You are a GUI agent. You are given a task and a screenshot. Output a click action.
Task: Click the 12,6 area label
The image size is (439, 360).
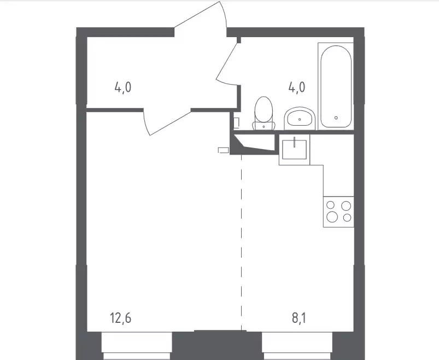[121, 318]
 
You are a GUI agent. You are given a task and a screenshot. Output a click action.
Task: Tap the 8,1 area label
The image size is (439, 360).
[298, 318]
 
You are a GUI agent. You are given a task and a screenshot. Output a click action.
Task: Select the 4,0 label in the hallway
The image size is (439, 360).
[122, 87]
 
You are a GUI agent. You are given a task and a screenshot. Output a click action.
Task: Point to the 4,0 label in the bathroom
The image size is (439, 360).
[296, 87]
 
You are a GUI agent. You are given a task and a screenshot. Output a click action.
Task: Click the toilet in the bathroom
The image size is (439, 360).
[264, 113]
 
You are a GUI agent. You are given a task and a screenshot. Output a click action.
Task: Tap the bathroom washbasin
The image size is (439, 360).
[300, 119]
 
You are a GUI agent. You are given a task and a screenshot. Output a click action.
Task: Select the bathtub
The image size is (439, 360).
[336, 86]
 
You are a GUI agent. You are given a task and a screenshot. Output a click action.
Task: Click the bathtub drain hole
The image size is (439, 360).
[336, 118]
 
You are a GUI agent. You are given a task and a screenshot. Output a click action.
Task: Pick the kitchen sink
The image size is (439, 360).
[294, 150]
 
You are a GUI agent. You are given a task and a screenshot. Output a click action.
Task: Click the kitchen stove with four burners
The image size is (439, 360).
[338, 212]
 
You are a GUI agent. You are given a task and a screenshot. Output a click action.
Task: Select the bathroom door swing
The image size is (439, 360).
[227, 64]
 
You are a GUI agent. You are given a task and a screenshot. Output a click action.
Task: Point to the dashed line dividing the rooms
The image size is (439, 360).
[241, 242]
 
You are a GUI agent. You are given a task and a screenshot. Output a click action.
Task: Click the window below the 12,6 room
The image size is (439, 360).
[137, 346]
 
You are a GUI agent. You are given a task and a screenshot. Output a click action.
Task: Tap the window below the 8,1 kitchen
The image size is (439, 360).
[297, 346]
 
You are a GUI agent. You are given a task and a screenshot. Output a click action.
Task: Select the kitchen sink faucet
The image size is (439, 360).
[295, 142]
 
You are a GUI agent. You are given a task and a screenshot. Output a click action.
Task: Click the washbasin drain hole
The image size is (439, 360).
[300, 120]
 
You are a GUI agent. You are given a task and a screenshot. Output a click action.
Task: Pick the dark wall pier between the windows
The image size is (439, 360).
[217, 345]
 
